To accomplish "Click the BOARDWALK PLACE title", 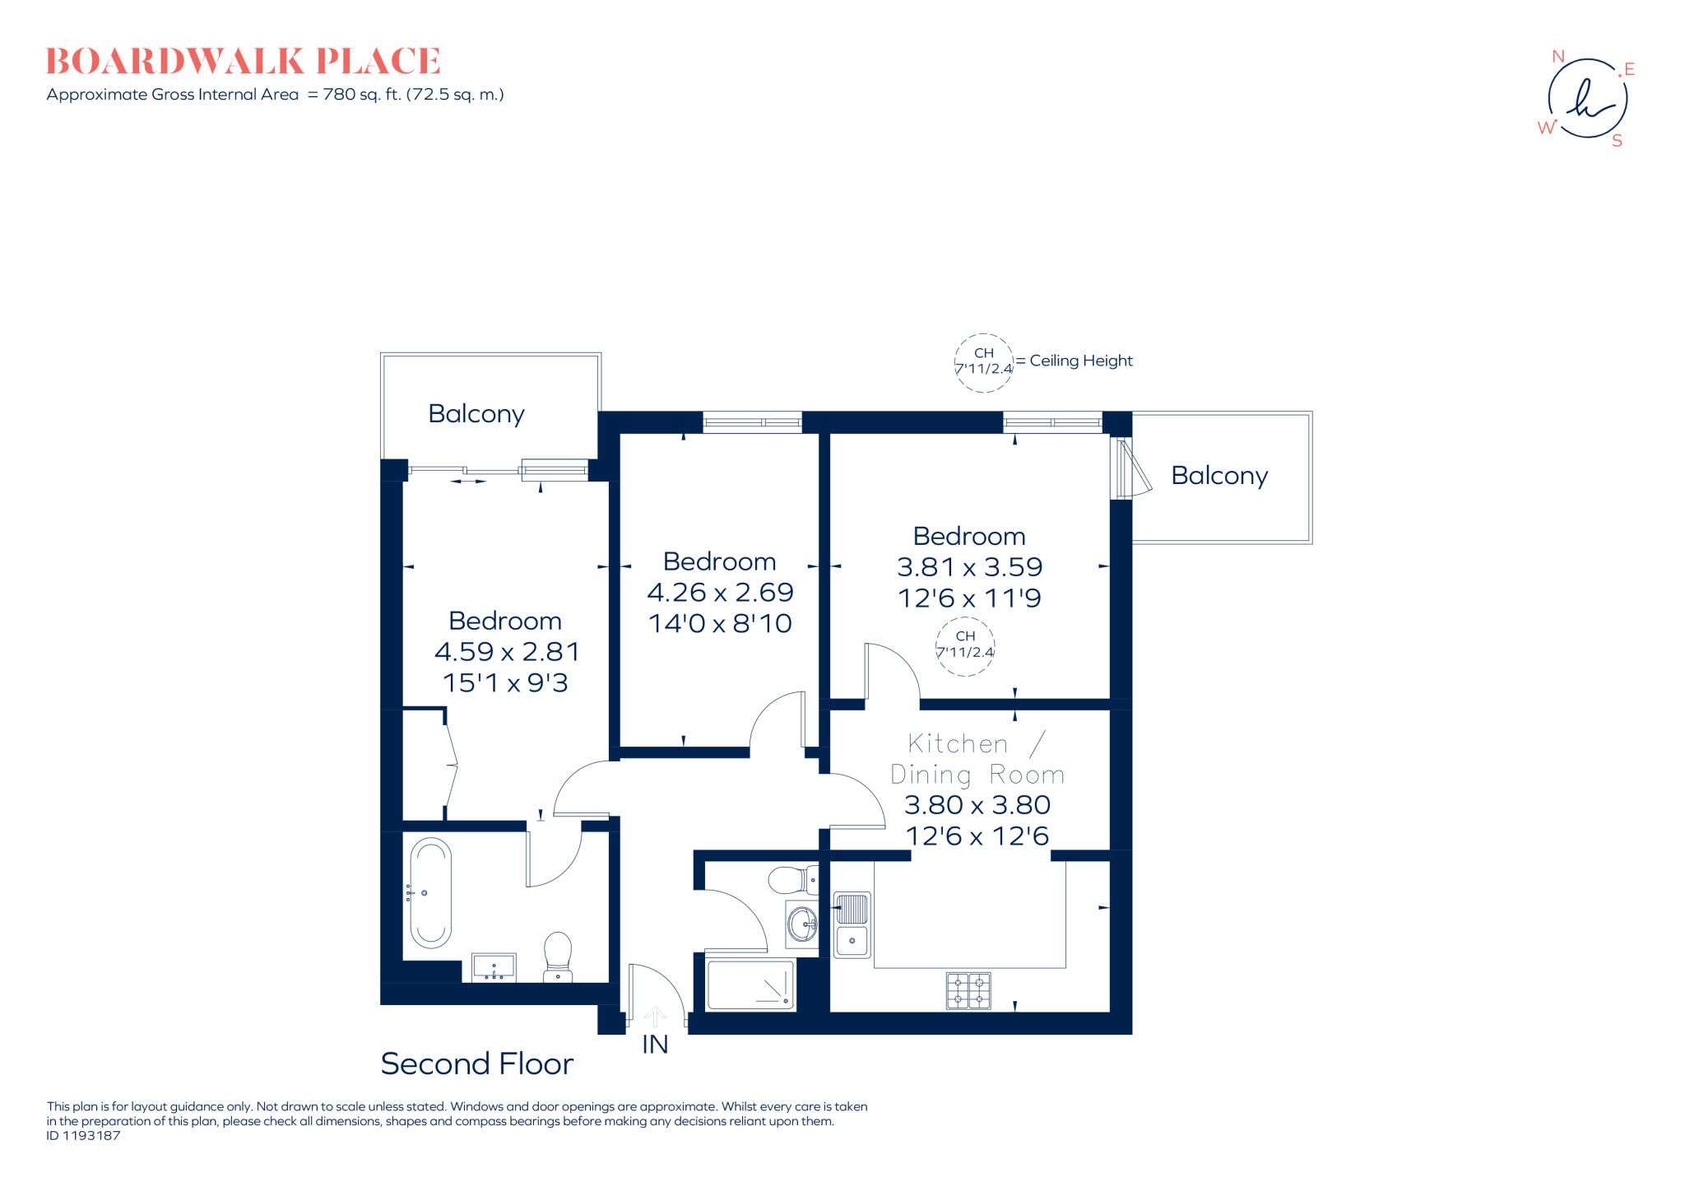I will (244, 62).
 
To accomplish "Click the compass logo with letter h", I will (1587, 99).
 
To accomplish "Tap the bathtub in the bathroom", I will (430, 893).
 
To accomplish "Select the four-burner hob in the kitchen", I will (968, 990).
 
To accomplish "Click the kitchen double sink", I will (852, 925).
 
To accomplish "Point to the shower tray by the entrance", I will (750, 985).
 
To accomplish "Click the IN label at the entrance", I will (655, 1045).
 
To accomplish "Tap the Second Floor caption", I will (476, 1064).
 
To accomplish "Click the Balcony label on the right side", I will (1219, 476).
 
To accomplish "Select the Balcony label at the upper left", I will (476, 414).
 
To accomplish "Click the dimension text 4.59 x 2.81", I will (507, 652).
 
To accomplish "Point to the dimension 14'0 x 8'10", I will (720, 623).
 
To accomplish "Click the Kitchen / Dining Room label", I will (977, 759).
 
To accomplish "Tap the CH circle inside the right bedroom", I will (965, 645).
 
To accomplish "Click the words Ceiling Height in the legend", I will (1081, 361).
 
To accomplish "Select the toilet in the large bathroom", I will (558, 957).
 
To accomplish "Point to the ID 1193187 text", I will (84, 1136).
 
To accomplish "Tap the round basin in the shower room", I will (801, 923).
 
